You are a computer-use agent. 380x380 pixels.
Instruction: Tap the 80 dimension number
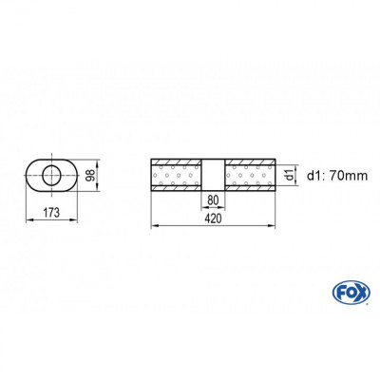click(212, 199)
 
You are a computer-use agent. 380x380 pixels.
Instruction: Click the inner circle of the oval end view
click(49, 174)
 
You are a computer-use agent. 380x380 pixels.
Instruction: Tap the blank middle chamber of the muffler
click(212, 174)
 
